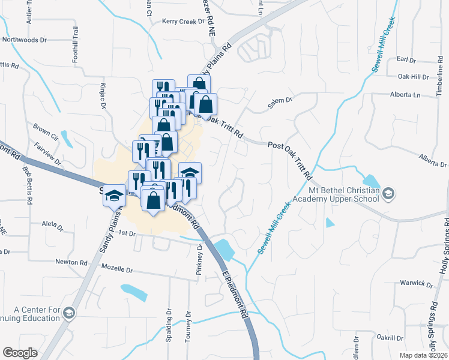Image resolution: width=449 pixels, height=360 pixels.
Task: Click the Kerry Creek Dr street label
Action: [x=182, y=22]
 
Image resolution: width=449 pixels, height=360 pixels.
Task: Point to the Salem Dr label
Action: [x=279, y=104]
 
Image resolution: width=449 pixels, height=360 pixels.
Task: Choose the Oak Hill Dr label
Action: [x=414, y=77]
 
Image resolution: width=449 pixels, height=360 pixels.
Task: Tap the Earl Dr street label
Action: [x=406, y=59]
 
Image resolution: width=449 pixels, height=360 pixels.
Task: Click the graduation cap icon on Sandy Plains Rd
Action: [x=113, y=196]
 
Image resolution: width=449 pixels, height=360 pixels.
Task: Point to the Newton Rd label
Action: [x=71, y=262]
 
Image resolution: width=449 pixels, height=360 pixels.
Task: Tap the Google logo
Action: [x=20, y=352]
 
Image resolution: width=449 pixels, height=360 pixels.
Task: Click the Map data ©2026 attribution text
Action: [x=423, y=355]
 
